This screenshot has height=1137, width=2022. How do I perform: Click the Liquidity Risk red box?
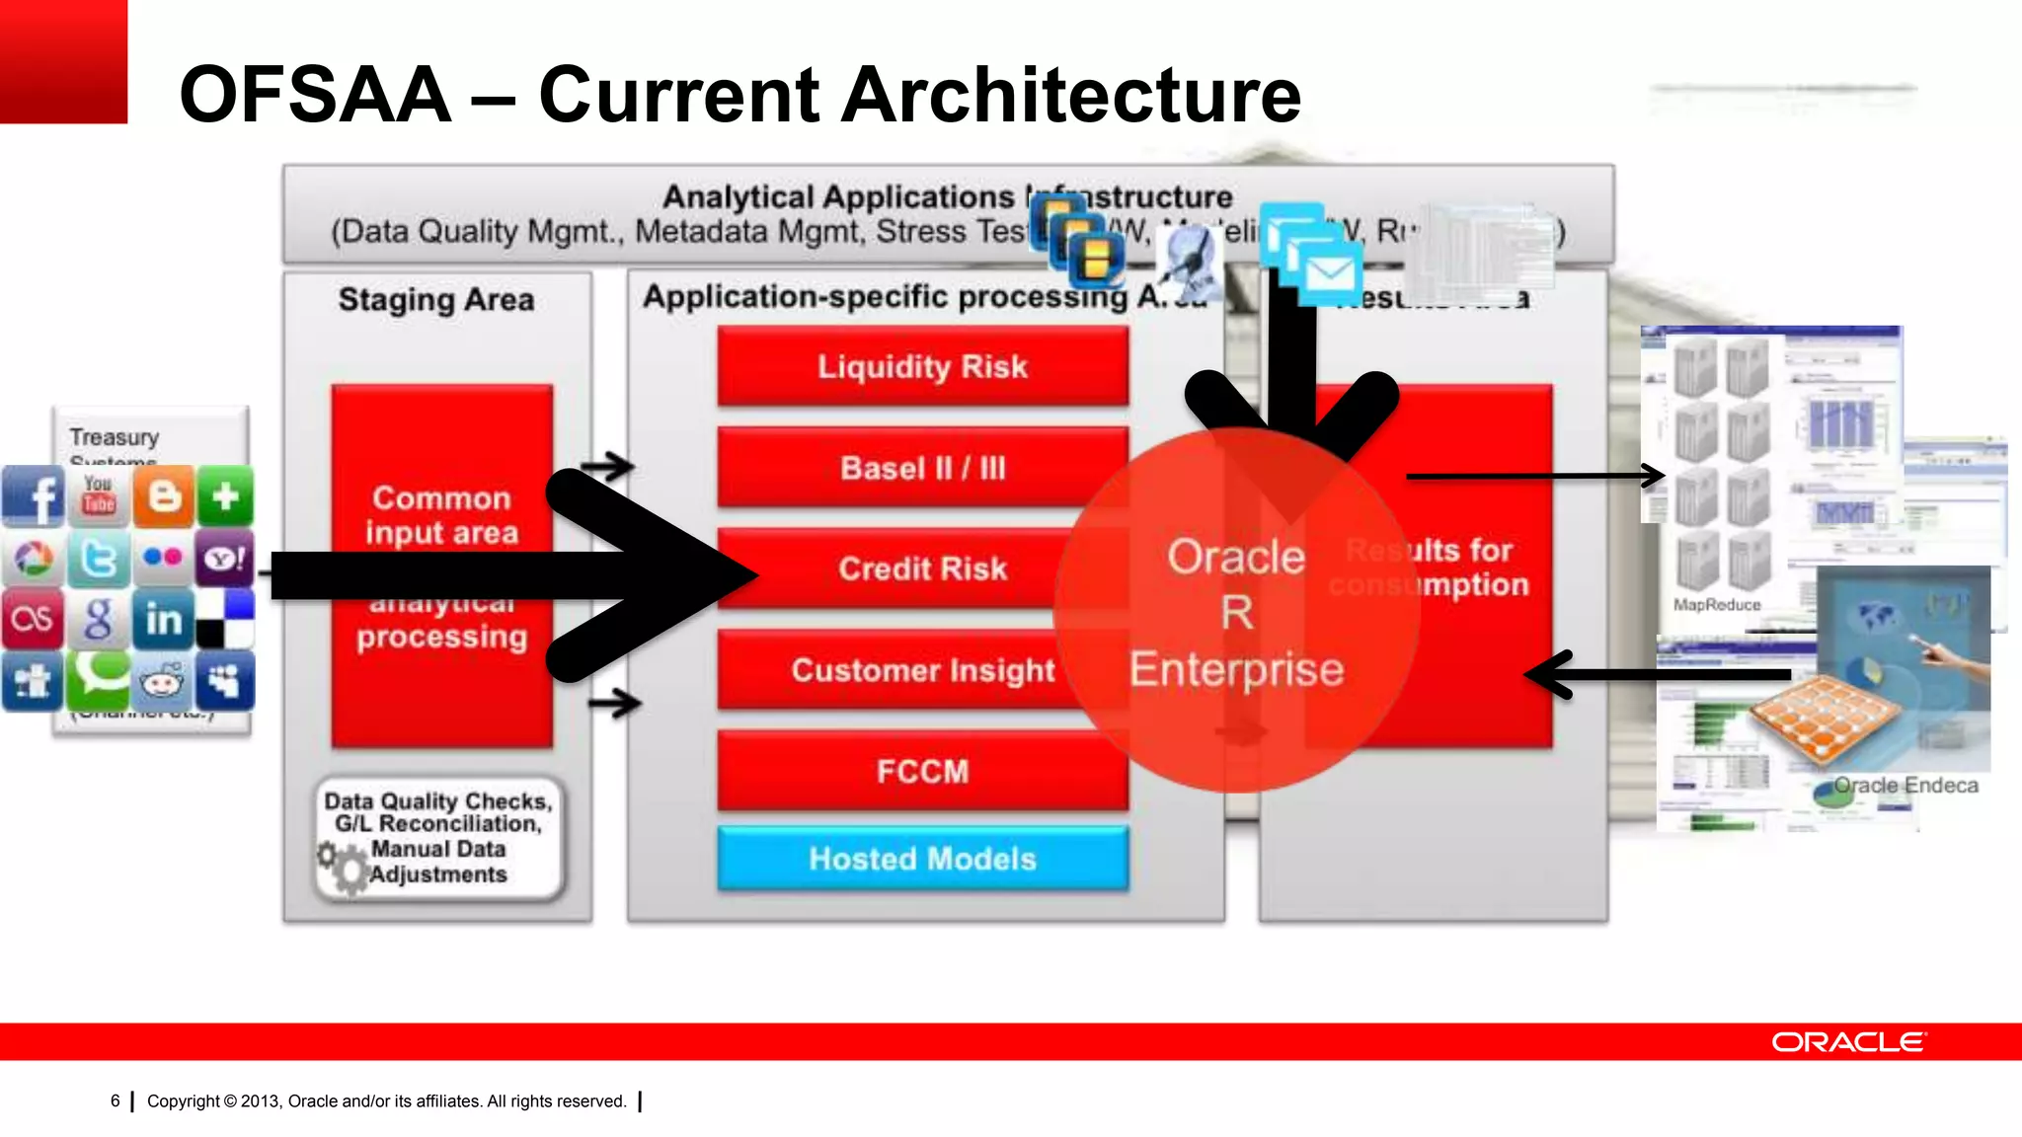tap(922, 366)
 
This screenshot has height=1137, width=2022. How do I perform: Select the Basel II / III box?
tap(922, 468)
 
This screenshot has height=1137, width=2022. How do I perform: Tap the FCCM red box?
tap(922, 771)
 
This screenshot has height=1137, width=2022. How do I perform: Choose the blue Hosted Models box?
tap(922, 859)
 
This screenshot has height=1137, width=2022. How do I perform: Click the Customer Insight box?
tap(922, 670)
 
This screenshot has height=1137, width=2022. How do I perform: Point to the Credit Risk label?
tap(922, 568)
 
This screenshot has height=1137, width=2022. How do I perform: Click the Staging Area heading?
tap(436, 299)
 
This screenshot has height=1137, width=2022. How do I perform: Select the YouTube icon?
tap(99, 494)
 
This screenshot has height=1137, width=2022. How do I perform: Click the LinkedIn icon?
tap(163, 619)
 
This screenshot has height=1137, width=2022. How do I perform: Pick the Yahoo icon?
tap(225, 559)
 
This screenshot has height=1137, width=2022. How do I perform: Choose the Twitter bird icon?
tap(99, 559)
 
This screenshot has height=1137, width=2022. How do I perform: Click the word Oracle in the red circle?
tap(1236, 557)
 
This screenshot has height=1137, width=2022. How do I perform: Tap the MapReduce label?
tap(1716, 604)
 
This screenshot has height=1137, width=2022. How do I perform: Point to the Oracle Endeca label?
tap(1905, 786)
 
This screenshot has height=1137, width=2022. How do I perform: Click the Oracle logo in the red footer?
tap(1848, 1042)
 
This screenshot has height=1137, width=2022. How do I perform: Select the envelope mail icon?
tap(1329, 273)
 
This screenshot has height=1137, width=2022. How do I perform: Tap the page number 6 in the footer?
tap(116, 1100)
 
